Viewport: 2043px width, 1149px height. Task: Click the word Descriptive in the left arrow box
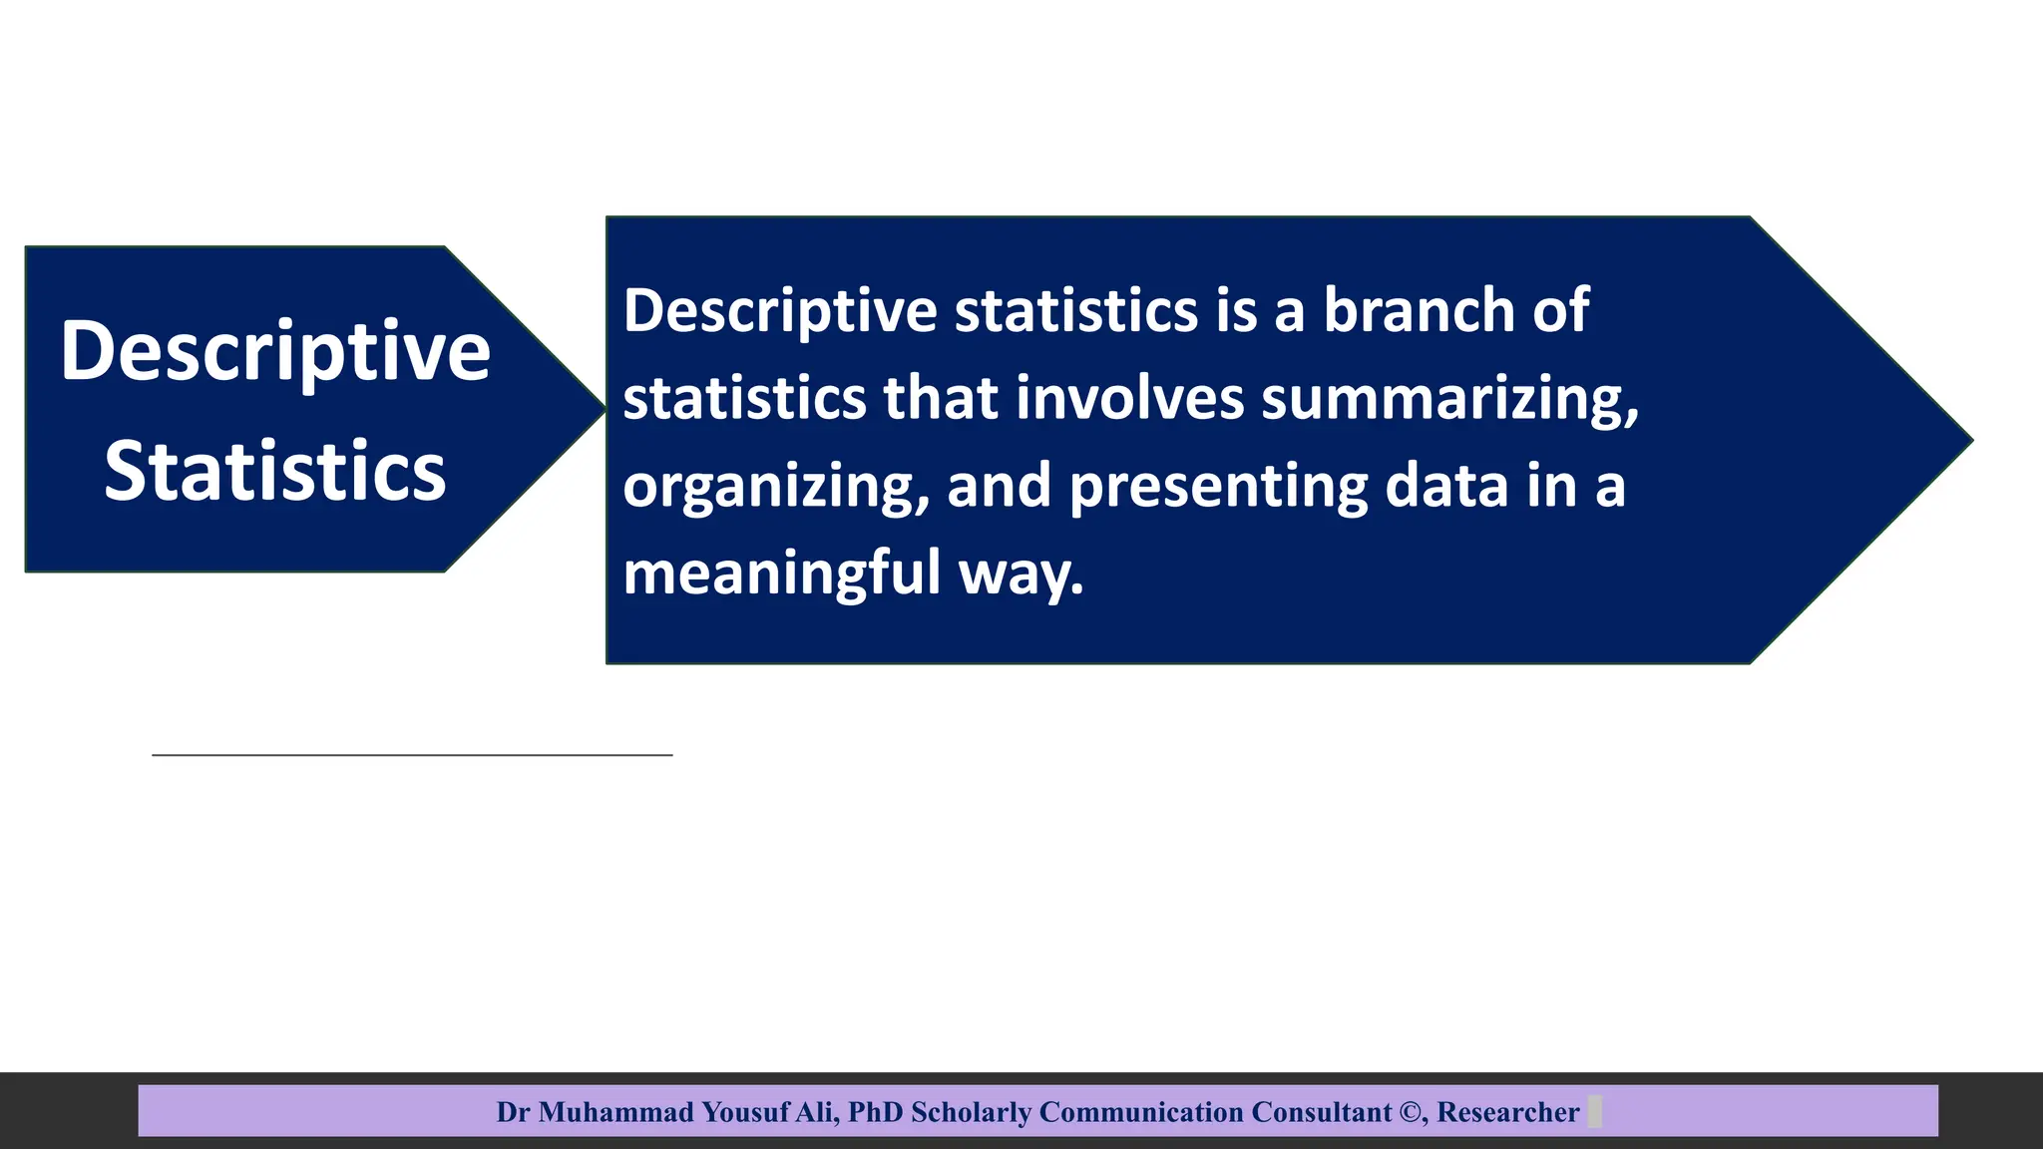point(275,351)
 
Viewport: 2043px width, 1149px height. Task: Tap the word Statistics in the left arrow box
point(275,471)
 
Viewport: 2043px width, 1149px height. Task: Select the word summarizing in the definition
point(1448,399)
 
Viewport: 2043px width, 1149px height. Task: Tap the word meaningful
point(781,574)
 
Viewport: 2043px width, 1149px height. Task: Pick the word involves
point(1129,398)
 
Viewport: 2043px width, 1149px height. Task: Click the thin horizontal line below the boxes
point(412,755)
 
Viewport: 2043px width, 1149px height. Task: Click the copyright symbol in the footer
point(1411,1112)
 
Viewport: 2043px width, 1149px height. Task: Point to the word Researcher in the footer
point(1507,1112)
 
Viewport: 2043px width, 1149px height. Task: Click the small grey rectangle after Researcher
point(1594,1111)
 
